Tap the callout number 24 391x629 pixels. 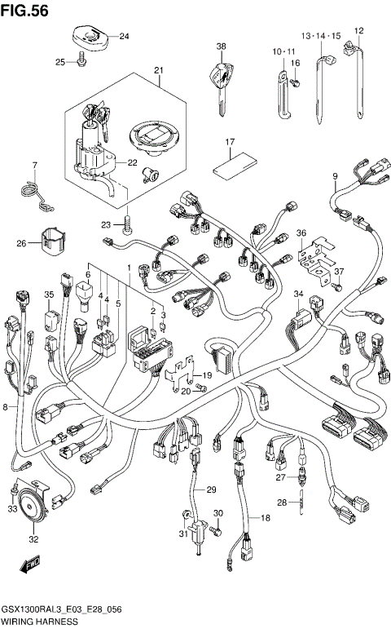(124, 37)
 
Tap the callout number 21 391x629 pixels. (158, 70)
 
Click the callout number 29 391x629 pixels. (210, 489)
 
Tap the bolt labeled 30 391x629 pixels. (215, 531)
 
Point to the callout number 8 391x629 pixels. (6, 405)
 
